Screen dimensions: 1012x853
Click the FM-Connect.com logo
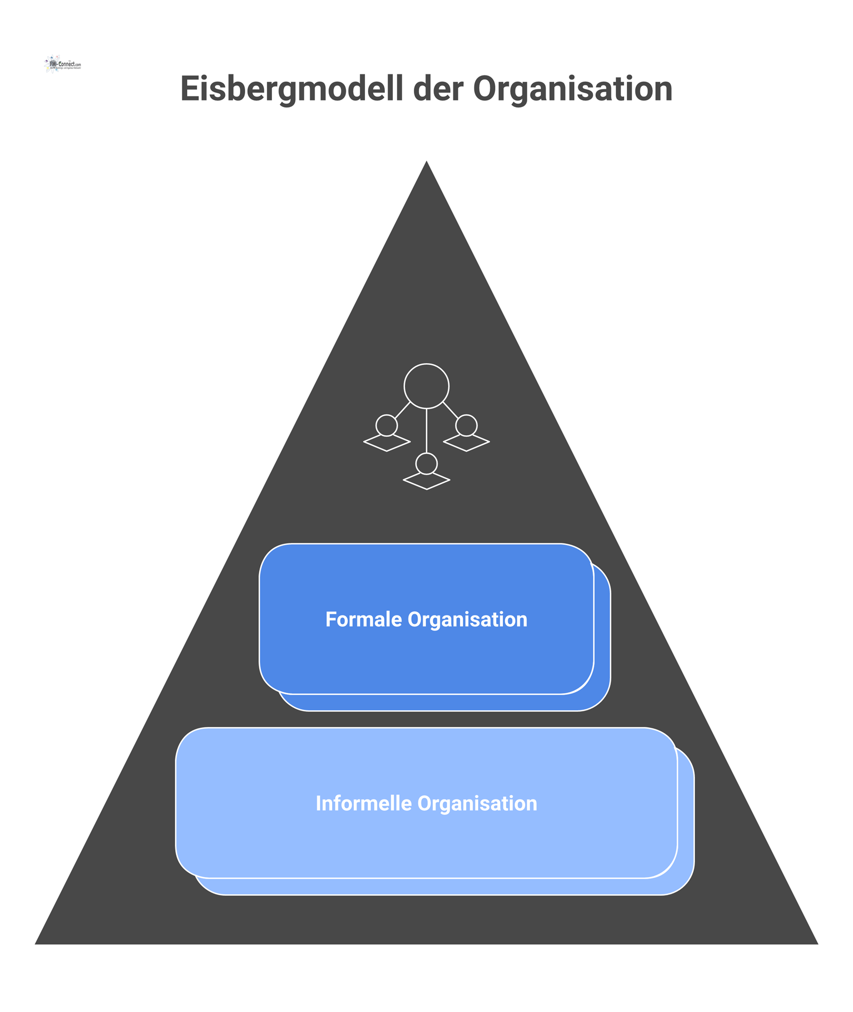(x=63, y=64)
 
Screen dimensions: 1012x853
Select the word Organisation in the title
(x=573, y=89)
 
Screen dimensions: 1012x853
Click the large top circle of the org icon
(x=426, y=386)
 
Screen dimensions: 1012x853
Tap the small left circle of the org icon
(x=386, y=425)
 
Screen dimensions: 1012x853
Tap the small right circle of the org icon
(x=467, y=425)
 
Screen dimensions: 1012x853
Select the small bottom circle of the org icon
(x=426, y=464)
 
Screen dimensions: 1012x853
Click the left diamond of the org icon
(x=387, y=443)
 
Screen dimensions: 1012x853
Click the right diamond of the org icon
(x=467, y=443)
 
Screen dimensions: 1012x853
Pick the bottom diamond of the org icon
(x=426, y=481)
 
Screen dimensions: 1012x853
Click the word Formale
(x=363, y=619)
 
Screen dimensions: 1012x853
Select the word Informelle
(x=363, y=803)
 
